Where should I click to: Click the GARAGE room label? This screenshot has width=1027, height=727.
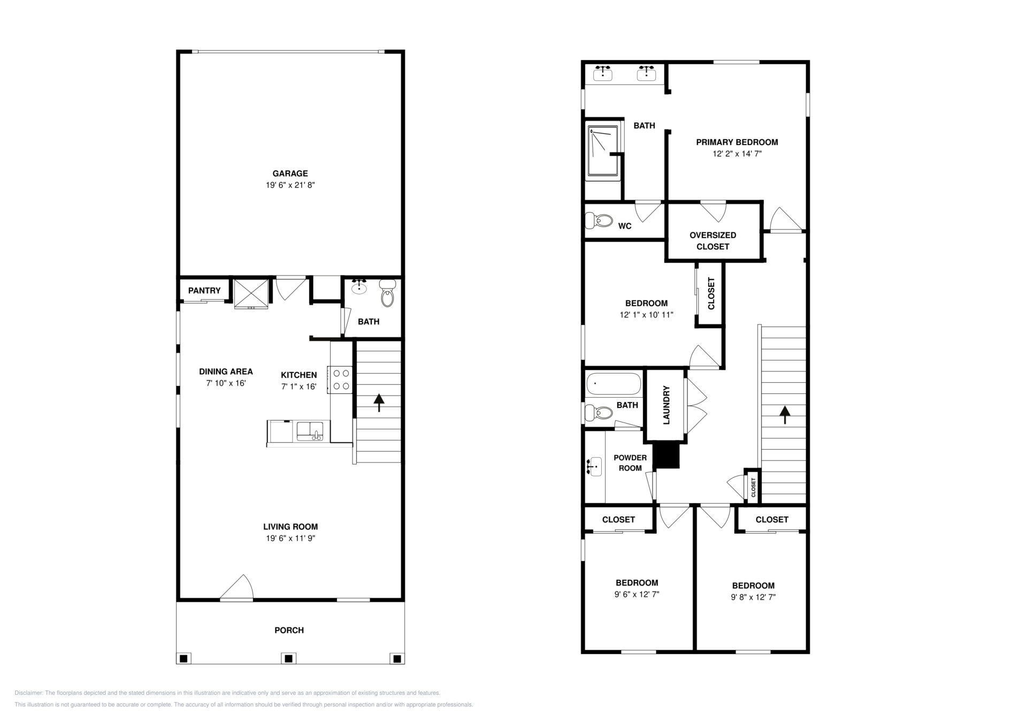[290, 173]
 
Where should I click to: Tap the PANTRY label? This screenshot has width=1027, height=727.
[204, 291]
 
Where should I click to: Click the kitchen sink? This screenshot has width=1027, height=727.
[310, 431]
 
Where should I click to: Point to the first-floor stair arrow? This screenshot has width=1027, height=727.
[379, 403]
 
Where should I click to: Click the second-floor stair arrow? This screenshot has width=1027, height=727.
[785, 415]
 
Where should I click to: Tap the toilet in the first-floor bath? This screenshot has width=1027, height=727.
[387, 294]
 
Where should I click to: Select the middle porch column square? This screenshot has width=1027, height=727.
[289, 658]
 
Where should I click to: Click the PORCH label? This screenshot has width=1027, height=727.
[289, 630]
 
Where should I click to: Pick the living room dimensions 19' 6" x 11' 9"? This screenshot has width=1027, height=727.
[290, 539]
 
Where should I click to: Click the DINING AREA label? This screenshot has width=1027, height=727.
[226, 372]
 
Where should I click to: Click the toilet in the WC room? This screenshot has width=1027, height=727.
[599, 220]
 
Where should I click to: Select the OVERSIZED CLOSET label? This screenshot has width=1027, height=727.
[713, 241]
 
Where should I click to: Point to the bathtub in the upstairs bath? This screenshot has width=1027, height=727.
[614, 384]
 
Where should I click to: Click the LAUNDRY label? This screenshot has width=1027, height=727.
[666, 405]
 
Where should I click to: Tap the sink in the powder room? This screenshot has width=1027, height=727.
[593, 466]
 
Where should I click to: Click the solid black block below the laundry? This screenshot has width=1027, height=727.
[666, 456]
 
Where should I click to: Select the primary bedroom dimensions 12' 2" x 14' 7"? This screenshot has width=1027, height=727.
[737, 154]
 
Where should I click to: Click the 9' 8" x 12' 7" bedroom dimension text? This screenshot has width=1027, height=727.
[753, 597]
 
